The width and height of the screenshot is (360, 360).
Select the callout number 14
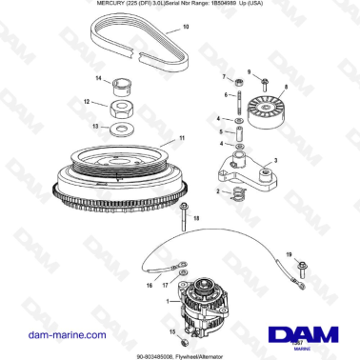98,77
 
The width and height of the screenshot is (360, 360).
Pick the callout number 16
149,285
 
